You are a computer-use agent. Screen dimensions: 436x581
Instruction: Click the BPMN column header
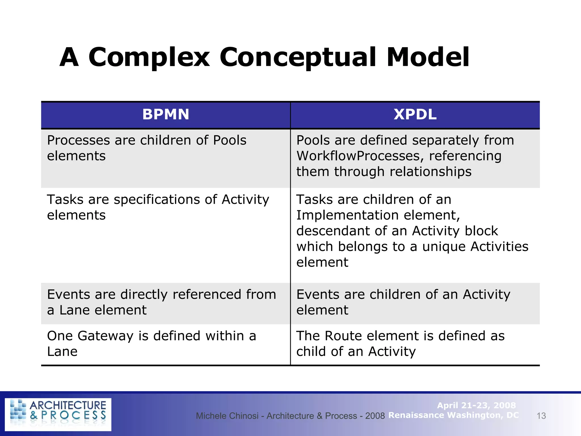pyautogui.click(x=166, y=115)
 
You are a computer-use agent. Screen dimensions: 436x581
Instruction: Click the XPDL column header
pyautogui.click(x=415, y=115)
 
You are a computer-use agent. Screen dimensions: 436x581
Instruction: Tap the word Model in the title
pyautogui.click(x=428, y=58)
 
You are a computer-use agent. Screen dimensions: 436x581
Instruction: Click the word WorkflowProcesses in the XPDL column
pyautogui.click(x=360, y=156)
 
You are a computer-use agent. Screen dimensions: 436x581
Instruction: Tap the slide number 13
pyautogui.click(x=541, y=416)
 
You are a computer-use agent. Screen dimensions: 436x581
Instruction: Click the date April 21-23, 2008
pyautogui.click(x=476, y=405)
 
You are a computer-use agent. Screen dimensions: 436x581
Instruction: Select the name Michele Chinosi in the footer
pyautogui.click(x=227, y=416)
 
